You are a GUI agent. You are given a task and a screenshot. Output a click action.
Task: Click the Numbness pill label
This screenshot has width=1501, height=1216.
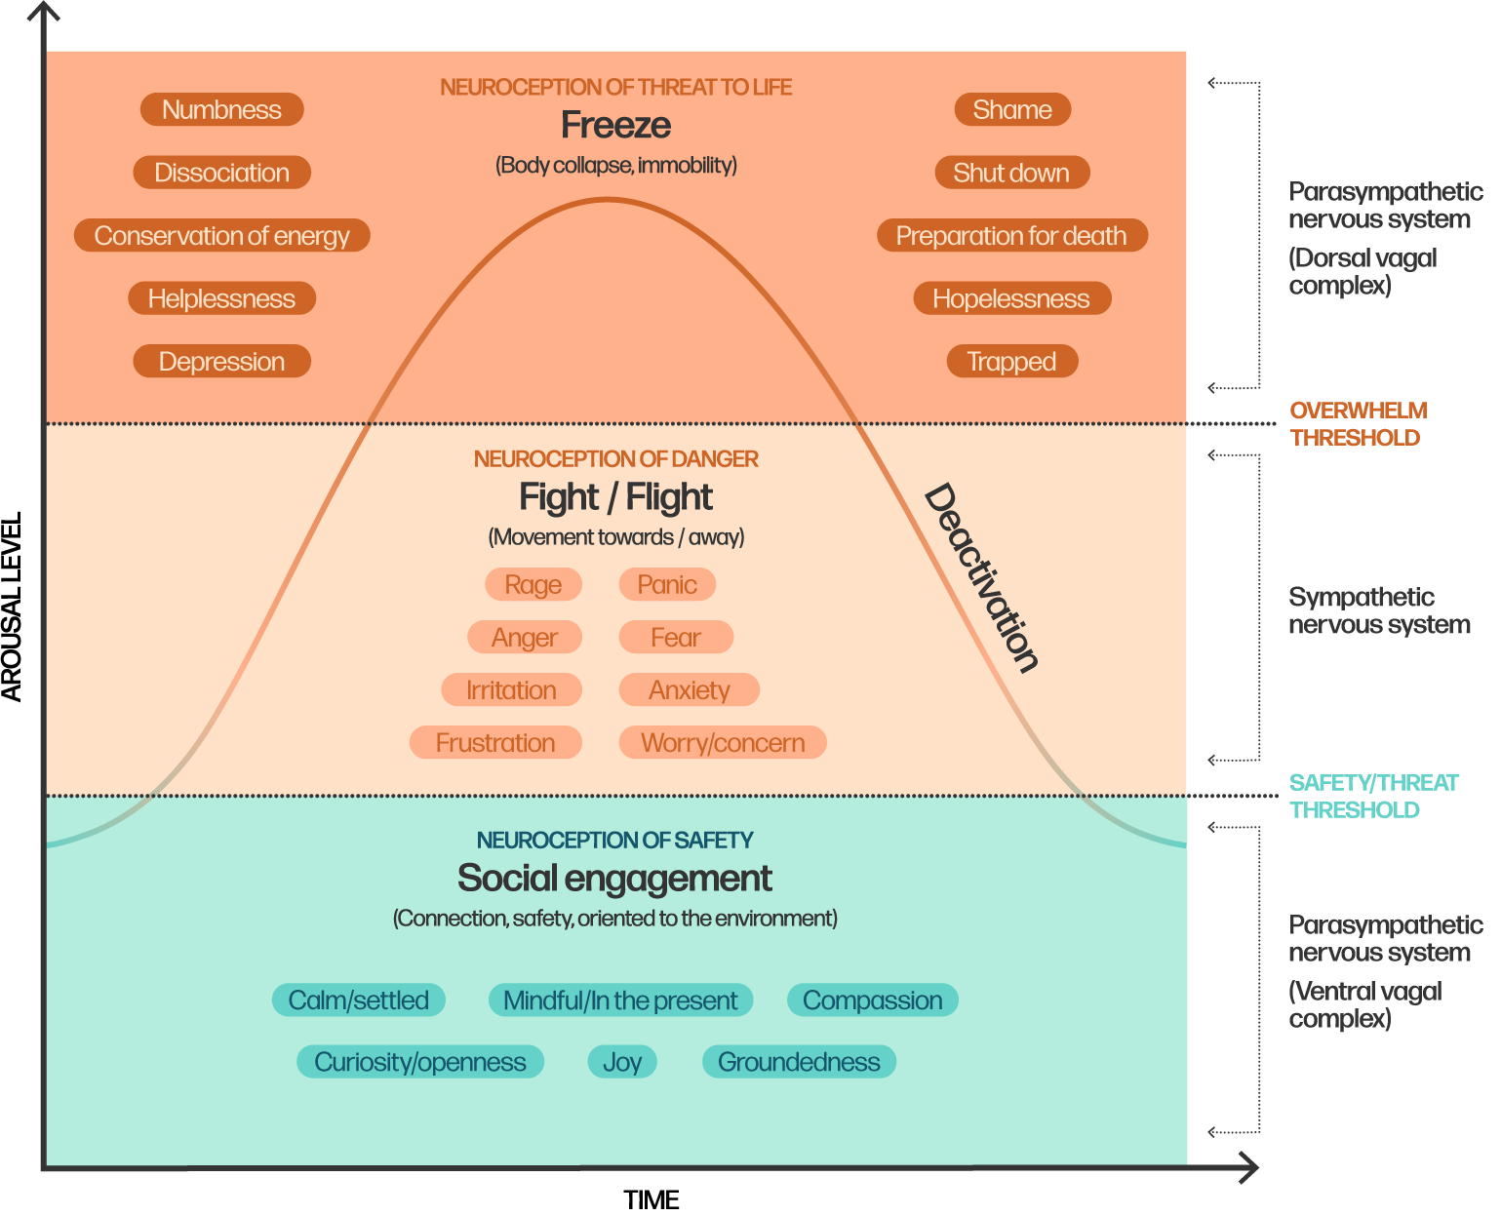221,109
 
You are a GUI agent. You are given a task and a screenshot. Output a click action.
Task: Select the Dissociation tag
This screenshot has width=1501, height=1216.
221,173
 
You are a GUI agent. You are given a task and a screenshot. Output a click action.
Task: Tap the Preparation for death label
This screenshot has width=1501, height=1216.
1011,236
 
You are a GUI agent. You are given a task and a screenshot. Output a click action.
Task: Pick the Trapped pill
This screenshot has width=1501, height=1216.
1011,362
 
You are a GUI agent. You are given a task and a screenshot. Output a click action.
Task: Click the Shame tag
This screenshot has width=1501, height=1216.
1011,109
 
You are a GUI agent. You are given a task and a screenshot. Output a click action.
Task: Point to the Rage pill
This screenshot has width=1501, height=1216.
533,585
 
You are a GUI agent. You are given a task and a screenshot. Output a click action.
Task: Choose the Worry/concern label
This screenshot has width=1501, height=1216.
722,743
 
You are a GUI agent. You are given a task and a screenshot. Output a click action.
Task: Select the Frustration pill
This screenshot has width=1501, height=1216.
494,743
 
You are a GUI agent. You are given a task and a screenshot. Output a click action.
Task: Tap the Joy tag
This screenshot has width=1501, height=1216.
621,1062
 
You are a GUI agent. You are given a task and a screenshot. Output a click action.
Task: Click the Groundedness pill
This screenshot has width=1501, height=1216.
798,1062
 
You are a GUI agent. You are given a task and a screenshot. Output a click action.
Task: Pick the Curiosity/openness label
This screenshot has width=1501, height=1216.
419,1062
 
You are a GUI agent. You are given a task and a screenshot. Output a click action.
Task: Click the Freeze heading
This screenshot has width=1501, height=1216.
615,125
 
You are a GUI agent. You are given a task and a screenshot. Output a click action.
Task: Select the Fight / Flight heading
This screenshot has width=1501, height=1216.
615,497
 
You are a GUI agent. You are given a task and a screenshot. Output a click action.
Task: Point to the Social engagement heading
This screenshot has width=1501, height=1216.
614,879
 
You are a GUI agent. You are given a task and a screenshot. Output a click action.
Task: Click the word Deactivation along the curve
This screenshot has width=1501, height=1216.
980,577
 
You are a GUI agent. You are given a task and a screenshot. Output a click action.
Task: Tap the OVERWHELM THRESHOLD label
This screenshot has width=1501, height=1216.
1357,424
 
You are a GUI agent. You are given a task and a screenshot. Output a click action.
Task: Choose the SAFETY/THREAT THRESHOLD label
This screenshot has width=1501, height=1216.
1372,797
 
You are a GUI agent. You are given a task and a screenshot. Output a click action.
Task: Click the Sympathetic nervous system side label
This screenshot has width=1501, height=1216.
1378,611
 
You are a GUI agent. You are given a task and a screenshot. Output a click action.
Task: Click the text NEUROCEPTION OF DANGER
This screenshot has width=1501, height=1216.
615,459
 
